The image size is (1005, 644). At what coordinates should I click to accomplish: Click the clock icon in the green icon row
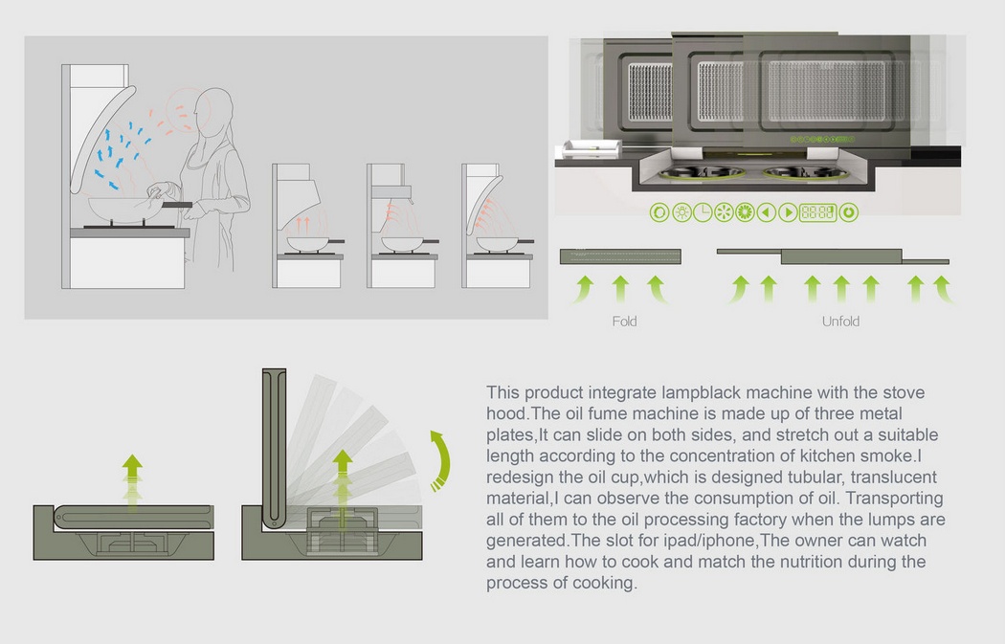pyautogui.click(x=703, y=212)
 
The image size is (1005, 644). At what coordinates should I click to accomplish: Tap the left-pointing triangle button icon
pyautogui.click(x=767, y=212)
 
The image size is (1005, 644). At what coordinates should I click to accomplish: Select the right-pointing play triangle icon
pyautogui.click(x=788, y=212)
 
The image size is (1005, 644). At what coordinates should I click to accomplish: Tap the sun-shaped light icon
pyautogui.click(x=681, y=212)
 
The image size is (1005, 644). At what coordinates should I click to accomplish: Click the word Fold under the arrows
pyautogui.click(x=624, y=322)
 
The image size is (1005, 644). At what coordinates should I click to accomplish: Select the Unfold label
pyautogui.click(x=840, y=322)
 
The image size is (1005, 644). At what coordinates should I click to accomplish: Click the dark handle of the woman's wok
pyautogui.click(x=177, y=204)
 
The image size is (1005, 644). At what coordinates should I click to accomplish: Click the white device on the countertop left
pyautogui.click(x=592, y=147)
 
